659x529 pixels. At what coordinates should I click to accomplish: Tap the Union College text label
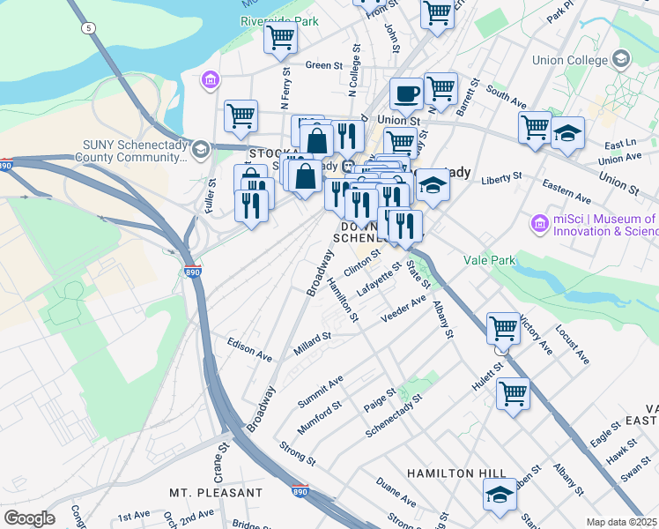pyautogui.click(x=570, y=61)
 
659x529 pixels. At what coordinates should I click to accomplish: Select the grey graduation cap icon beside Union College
pyautogui.click(x=621, y=59)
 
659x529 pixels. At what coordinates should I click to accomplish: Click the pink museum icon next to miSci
pyautogui.click(x=540, y=225)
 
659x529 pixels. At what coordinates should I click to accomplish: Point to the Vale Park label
pyautogui.click(x=488, y=260)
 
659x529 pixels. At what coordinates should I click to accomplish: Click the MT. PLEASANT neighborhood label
pyautogui.click(x=216, y=492)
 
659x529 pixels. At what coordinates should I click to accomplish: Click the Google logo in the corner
pyautogui.click(x=28, y=518)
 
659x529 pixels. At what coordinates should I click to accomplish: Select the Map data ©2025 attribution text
pyautogui.click(x=622, y=522)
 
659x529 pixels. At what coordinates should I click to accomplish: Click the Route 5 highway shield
pyautogui.click(x=88, y=28)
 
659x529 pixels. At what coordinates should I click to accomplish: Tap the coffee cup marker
pyautogui.click(x=406, y=93)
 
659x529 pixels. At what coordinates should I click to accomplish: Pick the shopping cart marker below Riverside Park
pyautogui.click(x=280, y=37)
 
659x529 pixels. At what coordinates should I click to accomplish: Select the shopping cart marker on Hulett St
pyautogui.click(x=513, y=392)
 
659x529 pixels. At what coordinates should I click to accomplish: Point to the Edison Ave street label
pyautogui.click(x=249, y=349)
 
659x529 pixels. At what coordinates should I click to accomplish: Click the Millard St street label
pyautogui.click(x=313, y=337)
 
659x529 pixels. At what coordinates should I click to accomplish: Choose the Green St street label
pyautogui.click(x=323, y=65)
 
